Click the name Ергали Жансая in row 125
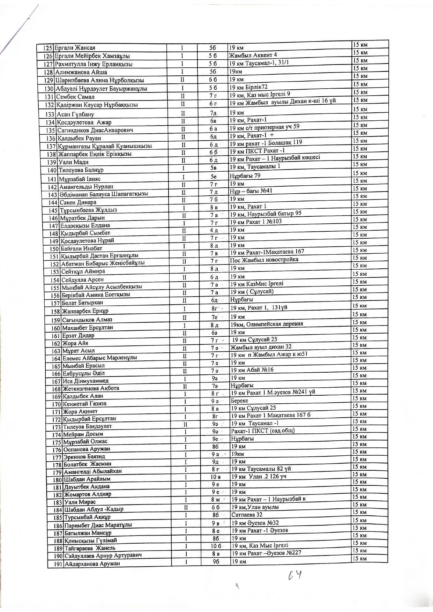75,48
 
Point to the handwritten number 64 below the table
295,575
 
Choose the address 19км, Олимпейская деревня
267,324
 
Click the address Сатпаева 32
247,515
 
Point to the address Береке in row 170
240,401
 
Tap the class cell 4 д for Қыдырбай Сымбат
214,231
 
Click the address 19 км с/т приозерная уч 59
264,127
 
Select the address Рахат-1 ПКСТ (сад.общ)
263,431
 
